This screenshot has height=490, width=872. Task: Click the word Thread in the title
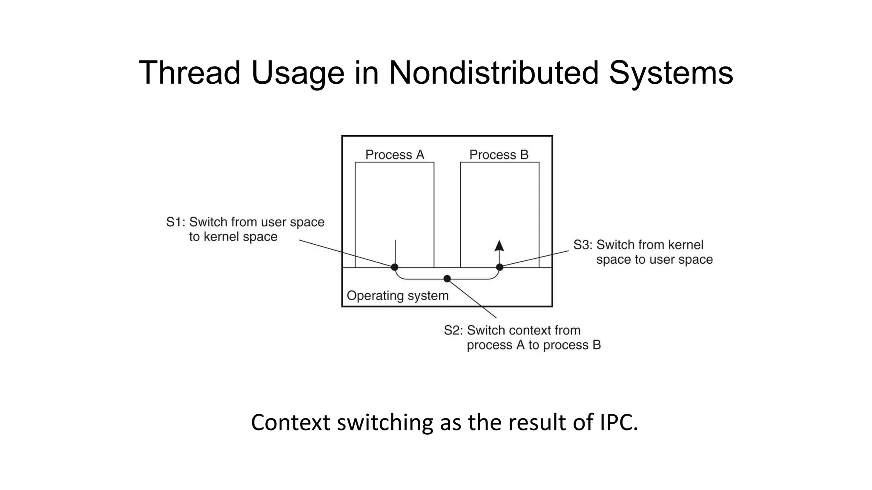(189, 73)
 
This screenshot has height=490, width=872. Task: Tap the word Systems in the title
(671, 73)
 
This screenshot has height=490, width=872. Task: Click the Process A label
(395, 155)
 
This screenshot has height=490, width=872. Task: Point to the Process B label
(499, 155)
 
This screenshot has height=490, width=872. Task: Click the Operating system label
(398, 296)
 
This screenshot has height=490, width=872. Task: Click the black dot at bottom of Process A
(395, 267)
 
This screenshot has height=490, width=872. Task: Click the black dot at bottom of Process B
(500, 267)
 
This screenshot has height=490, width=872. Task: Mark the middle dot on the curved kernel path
(447, 279)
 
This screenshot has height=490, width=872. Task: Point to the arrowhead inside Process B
(499, 246)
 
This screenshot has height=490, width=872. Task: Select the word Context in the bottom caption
(290, 422)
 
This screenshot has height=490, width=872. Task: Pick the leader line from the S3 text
(536, 259)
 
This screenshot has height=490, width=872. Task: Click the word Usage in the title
(298, 73)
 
